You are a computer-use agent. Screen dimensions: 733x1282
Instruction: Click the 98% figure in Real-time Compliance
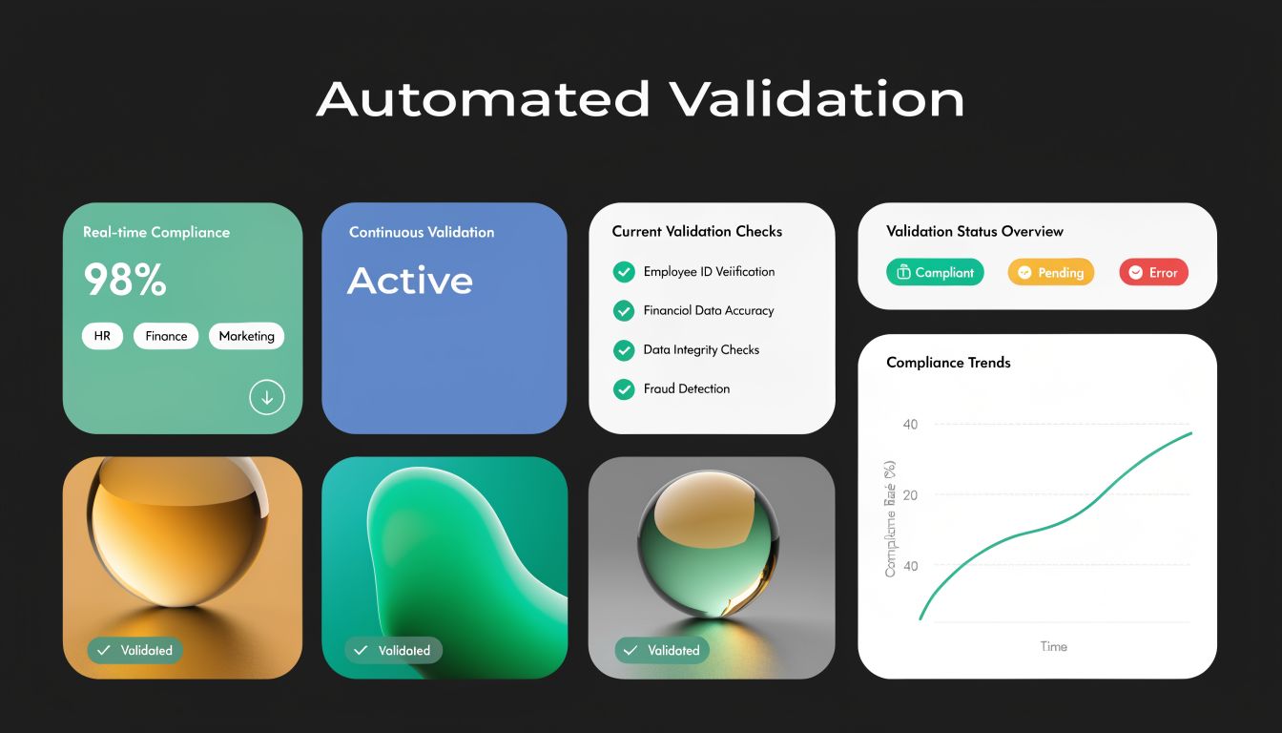125,280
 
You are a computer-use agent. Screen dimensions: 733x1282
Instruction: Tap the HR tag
102,336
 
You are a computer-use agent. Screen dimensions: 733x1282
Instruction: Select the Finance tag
166,336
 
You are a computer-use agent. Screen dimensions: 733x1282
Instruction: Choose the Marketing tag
246,336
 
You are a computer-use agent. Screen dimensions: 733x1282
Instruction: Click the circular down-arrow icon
267,397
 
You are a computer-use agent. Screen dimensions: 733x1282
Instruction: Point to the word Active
410,281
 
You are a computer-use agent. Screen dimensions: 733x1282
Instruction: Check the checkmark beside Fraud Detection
624,389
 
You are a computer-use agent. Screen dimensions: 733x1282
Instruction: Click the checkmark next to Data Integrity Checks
624,350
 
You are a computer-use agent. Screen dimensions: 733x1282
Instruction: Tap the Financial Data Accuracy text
709,310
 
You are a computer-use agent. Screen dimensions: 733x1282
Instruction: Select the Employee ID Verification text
709,272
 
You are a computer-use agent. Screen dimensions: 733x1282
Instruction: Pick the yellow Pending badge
1050,272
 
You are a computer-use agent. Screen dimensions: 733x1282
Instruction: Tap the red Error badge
1153,272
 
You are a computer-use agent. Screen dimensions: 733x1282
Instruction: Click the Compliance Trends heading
948,363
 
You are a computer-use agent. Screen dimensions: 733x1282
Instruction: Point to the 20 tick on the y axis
909,494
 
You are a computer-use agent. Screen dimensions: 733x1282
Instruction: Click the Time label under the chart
1053,646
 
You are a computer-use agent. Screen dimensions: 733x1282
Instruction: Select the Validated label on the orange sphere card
134,651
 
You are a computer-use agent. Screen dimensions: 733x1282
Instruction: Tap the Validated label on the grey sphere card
662,651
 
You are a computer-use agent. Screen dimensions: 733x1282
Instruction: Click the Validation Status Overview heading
974,231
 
